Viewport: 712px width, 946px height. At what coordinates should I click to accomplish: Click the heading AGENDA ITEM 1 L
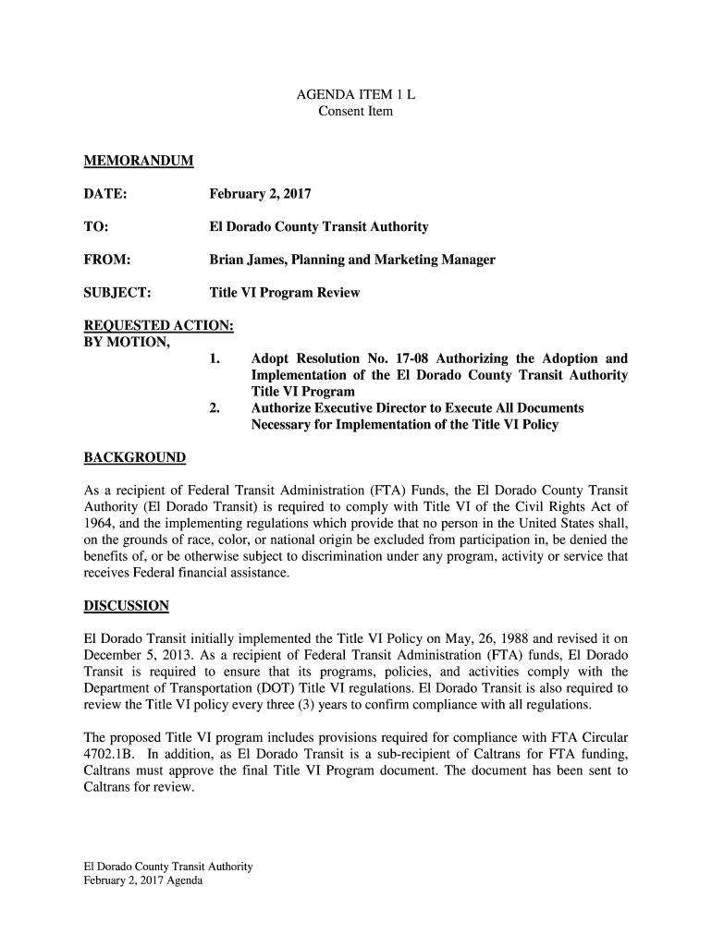pyautogui.click(x=355, y=95)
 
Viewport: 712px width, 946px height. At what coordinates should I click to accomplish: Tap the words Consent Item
pyautogui.click(x=355, y=112)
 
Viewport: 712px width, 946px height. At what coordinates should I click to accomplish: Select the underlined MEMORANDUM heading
pyautogui.click(x=126, y=162)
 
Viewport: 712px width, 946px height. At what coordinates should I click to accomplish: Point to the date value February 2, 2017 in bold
pyautogui.click(x=260, y=195)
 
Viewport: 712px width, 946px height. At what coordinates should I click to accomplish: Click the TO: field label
pyautogui.click(x=91, y=227)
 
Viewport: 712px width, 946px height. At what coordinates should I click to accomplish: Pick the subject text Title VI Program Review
pyautogui.click(x=284, y=293)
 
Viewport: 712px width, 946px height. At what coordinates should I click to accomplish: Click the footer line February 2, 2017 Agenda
pyautogui.click(x=136, y=881)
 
